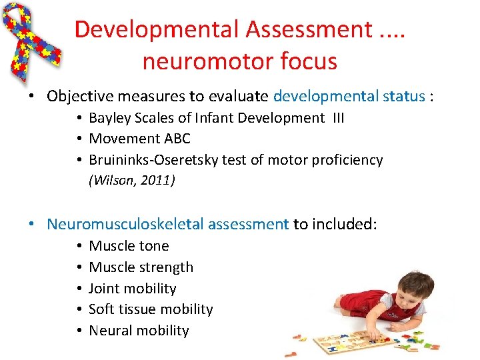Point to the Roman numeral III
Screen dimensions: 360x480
click(x=336, y=118)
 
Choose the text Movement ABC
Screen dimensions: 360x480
click(x=139, y=139)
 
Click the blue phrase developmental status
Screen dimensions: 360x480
click(x=349, y=96)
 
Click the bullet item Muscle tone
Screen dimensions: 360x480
click(x=129, y=246)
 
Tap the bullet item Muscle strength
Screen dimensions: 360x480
click(x=141, y=267)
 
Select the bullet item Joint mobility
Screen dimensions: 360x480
click(x=132, y=289)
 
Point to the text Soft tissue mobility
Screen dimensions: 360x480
click(x=151, y=309)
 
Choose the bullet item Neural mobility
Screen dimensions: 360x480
click(x=139, y=331)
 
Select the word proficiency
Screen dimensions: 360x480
click(x=347, y=160)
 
